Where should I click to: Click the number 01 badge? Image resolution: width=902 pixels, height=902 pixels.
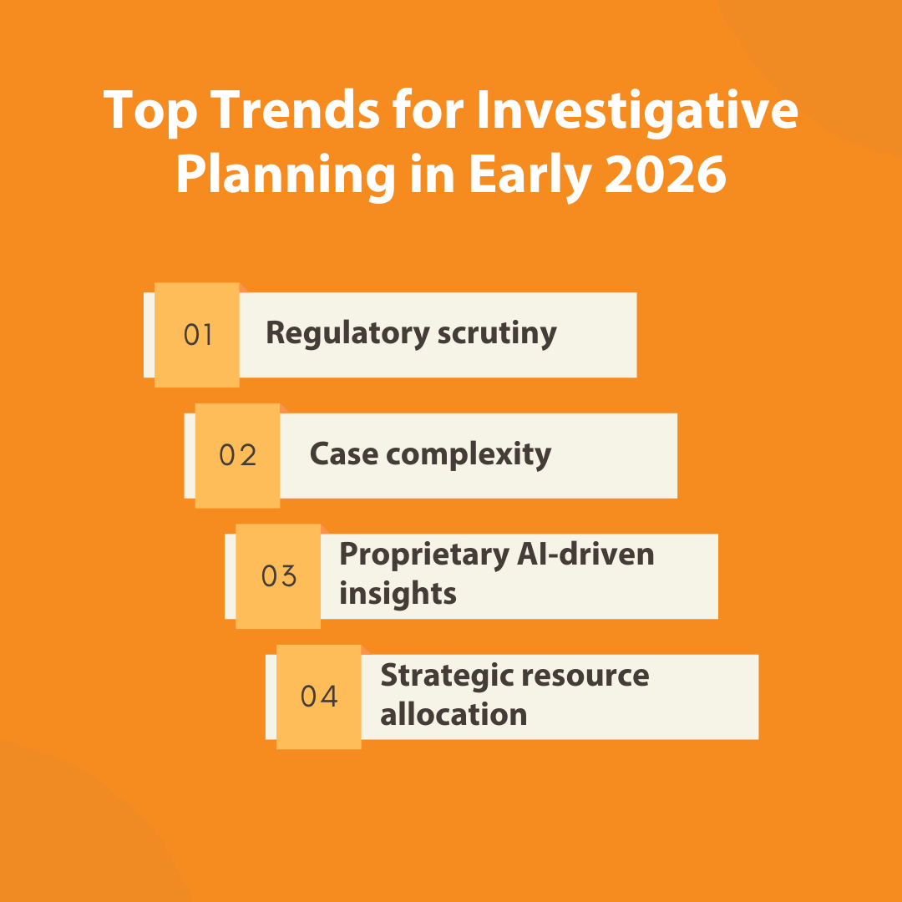pyautogui.click(x=197, y=335)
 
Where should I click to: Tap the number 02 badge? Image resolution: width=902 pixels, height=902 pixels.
pyautogui.click(x=237, y=456)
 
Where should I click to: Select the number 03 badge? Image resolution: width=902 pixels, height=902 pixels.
pyautogui.click(x=278, y=576)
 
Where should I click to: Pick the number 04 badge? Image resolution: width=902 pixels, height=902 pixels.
pyautogui.click(x=319, y=697)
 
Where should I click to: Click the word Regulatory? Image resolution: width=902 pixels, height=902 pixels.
pyautogui.click(x=347, y=333)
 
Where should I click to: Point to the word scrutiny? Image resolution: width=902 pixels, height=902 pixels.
pyautogui.click(x=497, y=333)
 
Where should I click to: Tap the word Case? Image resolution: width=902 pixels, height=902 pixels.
pyautogui.click(x=344, y=454)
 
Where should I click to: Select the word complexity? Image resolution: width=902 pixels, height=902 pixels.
pyautogui.click(x=469, y=455)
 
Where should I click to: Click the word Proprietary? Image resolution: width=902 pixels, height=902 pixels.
pyautogui.click(x=424, y=555)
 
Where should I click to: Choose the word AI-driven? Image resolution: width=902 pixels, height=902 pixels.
pyautogui.click(x=585, y=554)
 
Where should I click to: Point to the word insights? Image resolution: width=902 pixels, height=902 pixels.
pyautogui.click(x=398, y=593)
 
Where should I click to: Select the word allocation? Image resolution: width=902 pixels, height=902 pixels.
pyautogui.click(x=454, y=714)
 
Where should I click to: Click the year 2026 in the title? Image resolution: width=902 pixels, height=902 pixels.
pyautogui.click(x=666, y=175)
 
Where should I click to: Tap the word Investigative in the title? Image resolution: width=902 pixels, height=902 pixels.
pyautogui.click(x=637, y=113)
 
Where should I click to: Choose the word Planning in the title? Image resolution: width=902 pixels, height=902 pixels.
pyautogui.click(x=286, y=176)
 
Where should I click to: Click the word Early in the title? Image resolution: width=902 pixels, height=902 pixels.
pyautogui.click(x=531, y=176)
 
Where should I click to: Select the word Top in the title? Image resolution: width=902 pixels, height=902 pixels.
pyautogui.click(x=150, y=113)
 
